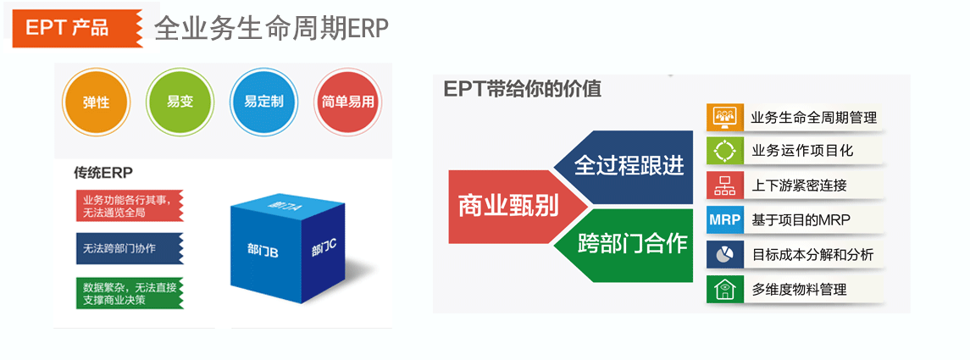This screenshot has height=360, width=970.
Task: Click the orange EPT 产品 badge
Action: [77, 26]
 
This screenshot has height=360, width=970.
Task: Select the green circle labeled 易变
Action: [180, 102]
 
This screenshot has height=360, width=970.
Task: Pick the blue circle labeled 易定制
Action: [263, 102]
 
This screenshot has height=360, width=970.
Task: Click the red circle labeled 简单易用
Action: [347, 102]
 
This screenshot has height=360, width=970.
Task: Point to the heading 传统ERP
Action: [103, 171]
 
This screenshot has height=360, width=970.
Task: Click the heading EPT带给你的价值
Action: [522, 89]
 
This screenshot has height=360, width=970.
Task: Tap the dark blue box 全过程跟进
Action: [625, 167]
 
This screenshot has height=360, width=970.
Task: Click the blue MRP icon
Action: [724, 220]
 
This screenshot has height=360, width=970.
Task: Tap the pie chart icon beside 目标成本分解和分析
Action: [724, 254]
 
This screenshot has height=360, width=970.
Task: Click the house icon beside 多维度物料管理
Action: [724, 290]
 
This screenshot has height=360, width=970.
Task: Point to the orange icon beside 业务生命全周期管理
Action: [724, 116]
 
